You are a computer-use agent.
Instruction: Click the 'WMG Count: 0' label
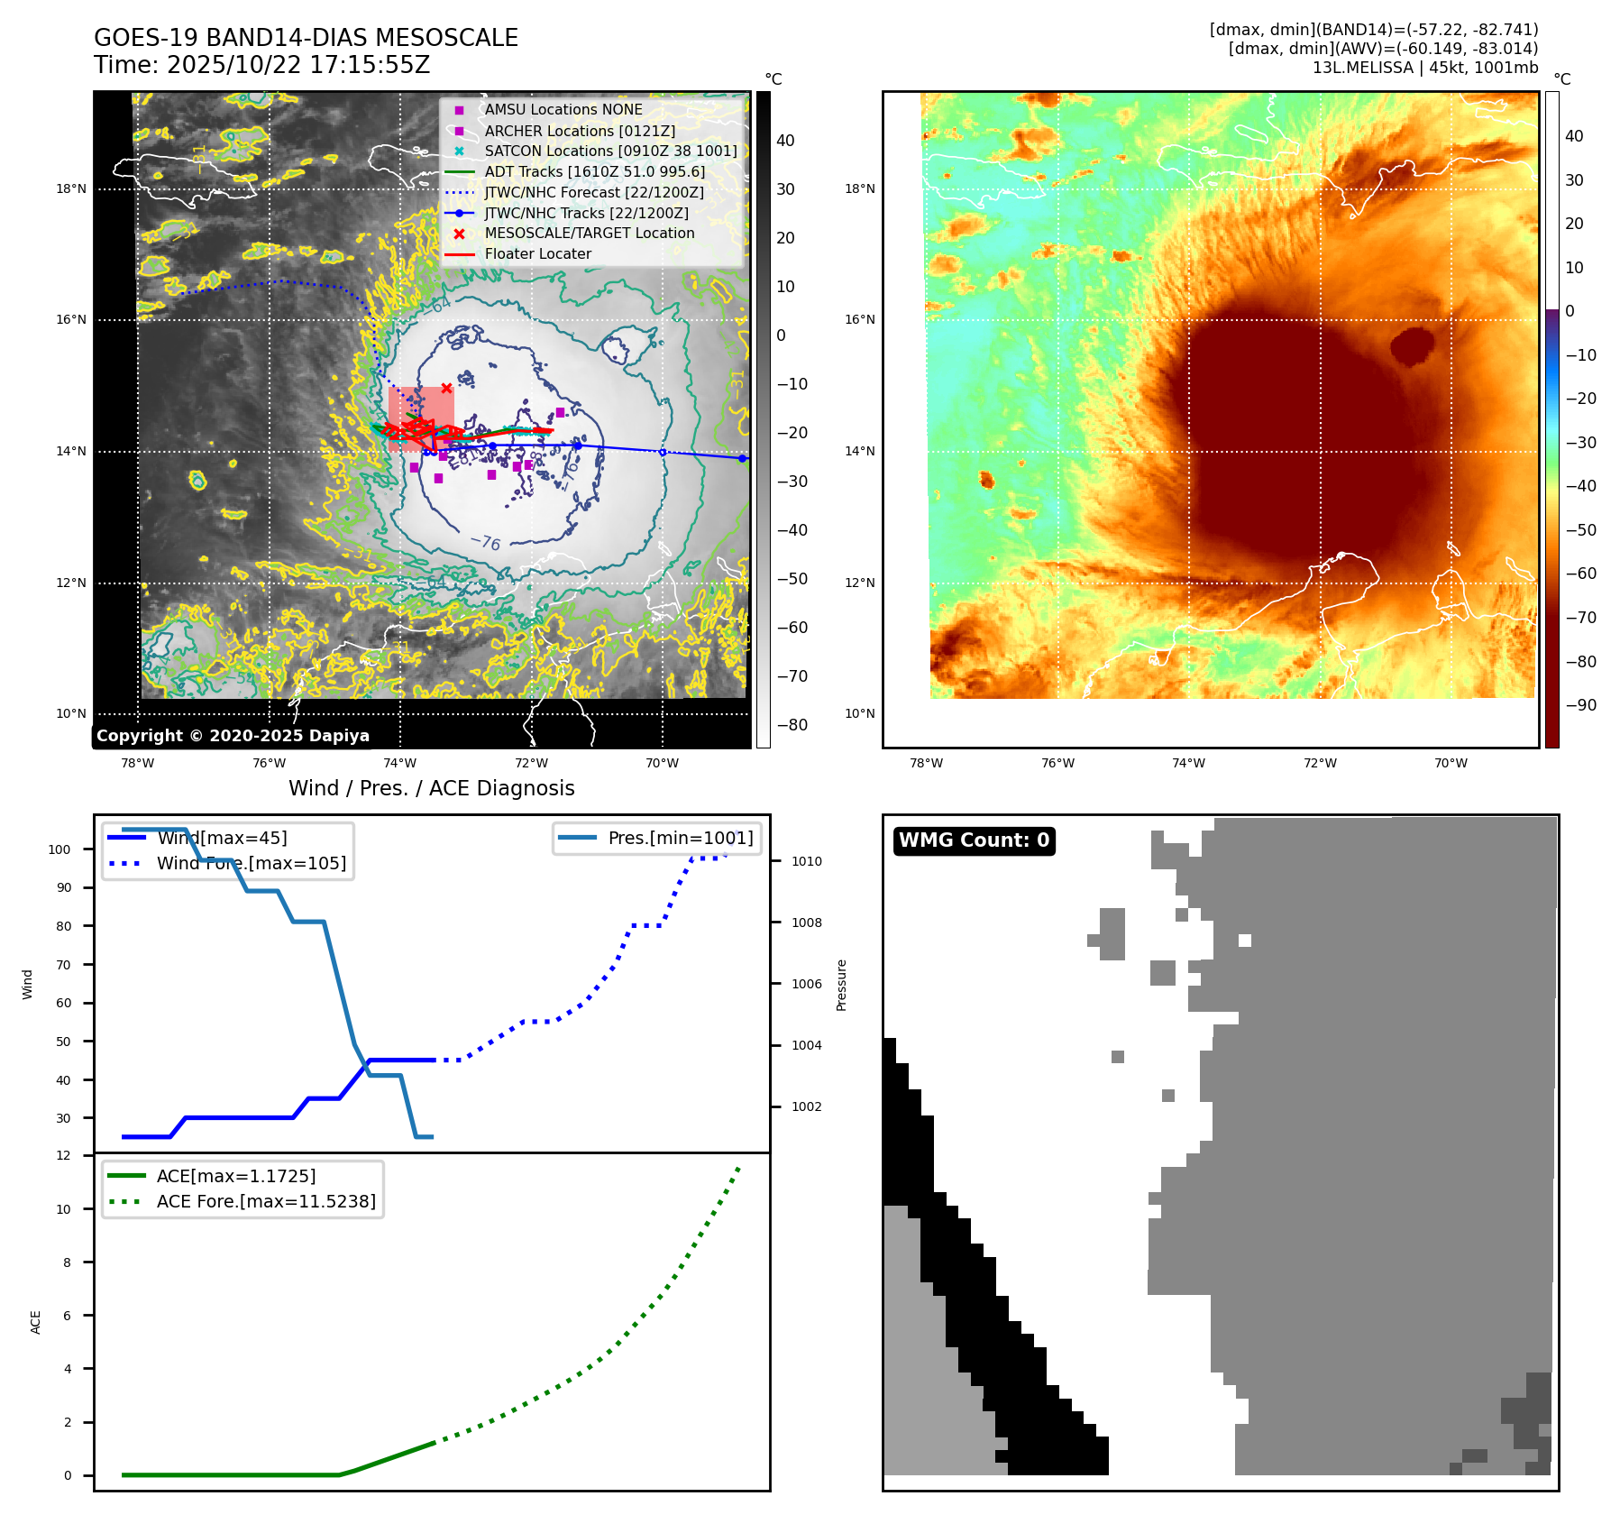tap(974, 840)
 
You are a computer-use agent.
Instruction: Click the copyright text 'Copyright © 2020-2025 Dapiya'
tap(233, 736)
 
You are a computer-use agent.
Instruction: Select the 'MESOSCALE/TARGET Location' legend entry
tap(590, 234)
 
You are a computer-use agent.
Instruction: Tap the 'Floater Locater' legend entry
tap(538, 254)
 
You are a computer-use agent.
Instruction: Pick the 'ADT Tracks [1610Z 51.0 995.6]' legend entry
tap(595, 171)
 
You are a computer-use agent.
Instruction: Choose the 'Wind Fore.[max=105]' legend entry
tap(252, 864)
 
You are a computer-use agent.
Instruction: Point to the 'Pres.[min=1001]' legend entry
tap(681, 839)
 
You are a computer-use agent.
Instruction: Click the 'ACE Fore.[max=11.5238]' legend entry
tap(266, 1202)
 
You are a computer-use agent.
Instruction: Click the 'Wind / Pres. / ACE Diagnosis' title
tap(431, 789)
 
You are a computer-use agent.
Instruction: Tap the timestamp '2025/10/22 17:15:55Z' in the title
tap(298, 66)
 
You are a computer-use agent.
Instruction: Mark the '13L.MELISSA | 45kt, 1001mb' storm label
tap(1424, 68)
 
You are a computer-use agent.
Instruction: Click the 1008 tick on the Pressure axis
tap(807, 923)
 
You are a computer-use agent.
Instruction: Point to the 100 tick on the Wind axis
tap(59, 849)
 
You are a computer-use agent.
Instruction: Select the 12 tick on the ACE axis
tap(63, 1156)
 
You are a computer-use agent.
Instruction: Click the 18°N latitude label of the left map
tap(71, 189)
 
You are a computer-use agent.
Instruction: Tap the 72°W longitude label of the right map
tap(1320, 764)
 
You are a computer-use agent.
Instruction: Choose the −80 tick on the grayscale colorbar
tap(792, 725)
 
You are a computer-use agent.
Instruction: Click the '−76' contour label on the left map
tap(486, 542)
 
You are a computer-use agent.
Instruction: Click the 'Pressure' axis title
tap(842, 985)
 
